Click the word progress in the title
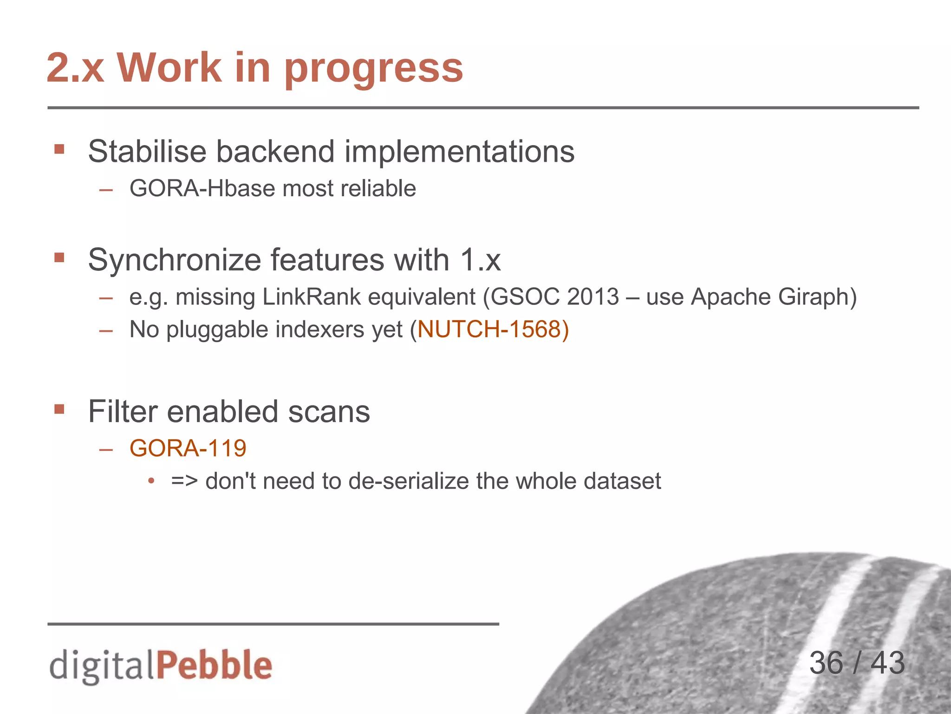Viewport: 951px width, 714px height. coord(374,69)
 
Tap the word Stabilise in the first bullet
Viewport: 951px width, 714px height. coord(147,152)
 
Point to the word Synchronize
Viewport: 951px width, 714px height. coord(175,260)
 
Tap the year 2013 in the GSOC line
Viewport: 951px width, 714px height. coord(593,297)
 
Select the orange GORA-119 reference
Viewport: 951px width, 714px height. coord(188,449)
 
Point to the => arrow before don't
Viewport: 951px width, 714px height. coord(184,481)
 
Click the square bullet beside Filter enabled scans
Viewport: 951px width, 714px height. coord(59,410)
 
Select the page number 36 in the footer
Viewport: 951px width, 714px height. coord(826,663)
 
